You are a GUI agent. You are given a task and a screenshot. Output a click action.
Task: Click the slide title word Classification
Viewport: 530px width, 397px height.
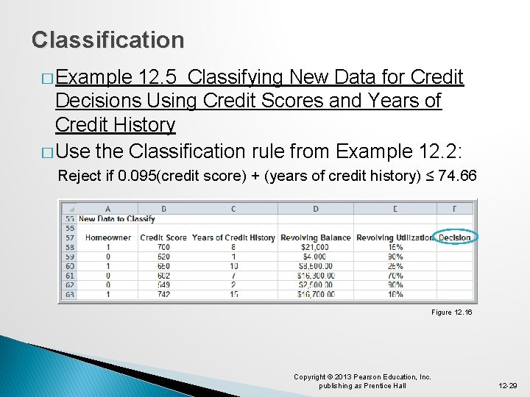[x=108, y=40]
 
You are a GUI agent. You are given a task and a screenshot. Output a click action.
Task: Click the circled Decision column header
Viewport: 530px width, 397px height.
[x=454, y=237]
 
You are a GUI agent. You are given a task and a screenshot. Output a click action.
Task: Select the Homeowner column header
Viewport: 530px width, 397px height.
[x=108, y=237]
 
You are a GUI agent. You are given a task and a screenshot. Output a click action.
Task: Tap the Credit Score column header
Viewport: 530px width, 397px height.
[x=163, y=237]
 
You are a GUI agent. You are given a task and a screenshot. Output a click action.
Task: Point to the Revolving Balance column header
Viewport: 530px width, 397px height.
[x=315, y=237]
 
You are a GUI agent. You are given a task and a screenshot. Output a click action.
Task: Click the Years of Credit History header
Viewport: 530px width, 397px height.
[x=233, y=237]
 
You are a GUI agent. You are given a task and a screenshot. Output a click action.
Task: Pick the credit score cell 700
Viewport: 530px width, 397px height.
[x=163, y=248]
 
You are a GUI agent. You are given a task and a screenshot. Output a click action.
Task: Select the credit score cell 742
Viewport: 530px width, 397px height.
[x=163, y=294]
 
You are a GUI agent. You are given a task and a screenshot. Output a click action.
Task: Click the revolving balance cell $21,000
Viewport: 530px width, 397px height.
[x=315, y=248]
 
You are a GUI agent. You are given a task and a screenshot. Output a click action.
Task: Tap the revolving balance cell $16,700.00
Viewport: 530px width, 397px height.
[x=315, y=294]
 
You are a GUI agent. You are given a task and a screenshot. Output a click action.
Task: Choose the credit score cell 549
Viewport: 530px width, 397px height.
[x=163, y=285]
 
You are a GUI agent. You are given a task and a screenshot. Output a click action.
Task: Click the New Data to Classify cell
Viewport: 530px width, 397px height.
[x=116, y=218]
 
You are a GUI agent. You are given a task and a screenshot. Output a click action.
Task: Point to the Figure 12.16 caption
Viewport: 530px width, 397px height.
[x=451, y=312]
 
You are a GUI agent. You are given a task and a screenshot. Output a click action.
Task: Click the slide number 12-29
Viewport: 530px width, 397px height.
[x=508, y=385]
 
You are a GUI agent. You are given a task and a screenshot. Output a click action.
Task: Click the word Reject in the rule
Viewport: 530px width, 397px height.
[x=74, y=176]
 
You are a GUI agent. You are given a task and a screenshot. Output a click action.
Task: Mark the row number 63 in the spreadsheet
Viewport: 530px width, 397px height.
[x=69, y=294]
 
